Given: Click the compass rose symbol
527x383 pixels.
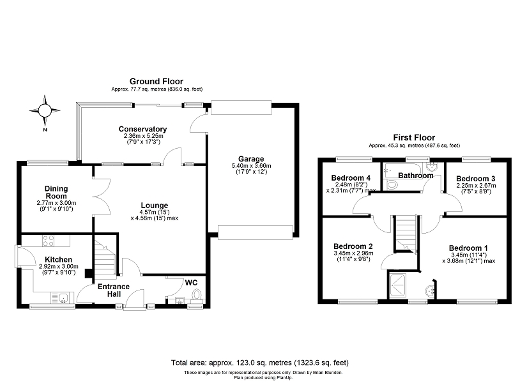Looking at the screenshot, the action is pos(45,110).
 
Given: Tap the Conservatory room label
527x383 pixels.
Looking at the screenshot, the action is pos(142,129).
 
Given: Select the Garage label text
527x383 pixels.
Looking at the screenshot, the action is pos(251,159).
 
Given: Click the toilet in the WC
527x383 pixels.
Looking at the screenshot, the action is pos(196,294).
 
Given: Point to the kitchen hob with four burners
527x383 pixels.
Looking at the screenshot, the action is pos(48,241).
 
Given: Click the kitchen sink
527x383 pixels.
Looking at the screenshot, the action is pos(62,297).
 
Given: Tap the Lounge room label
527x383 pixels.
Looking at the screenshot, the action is pos(155,206).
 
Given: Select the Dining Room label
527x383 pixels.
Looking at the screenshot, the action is pos(56,192).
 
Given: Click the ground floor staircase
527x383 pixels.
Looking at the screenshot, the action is pos(105,257).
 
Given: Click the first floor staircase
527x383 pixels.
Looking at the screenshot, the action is pos(406,232).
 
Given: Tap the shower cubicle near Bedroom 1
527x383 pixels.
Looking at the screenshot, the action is pos(397,285).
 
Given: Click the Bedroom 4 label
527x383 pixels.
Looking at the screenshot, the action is pos(351,177).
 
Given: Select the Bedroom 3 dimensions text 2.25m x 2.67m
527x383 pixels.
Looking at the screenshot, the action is pos(476,186).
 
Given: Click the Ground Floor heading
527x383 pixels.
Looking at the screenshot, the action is pos(157,81).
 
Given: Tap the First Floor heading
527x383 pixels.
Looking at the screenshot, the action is pos(414,138).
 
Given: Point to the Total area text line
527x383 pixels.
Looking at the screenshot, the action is pos(260,363).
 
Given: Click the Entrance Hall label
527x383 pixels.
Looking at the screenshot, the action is pos(114,290).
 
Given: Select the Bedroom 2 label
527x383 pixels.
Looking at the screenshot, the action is pos(353,246).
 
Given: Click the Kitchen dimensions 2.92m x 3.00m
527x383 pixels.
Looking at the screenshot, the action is pos(59,266).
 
